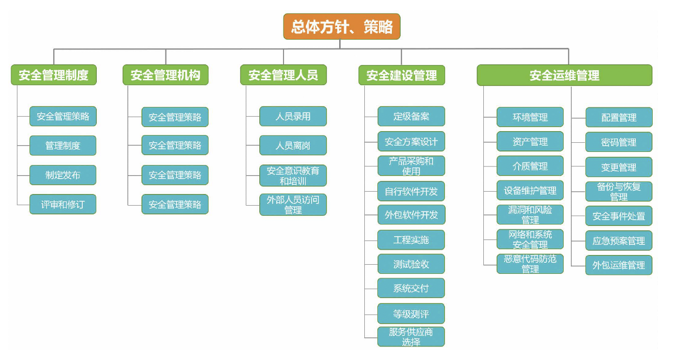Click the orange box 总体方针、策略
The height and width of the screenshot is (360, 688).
tap(342, 27)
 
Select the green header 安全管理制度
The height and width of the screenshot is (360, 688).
tap(54, 75)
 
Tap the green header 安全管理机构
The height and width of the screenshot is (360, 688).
tap(165, 75)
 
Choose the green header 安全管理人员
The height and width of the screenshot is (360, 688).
tap(284, 75)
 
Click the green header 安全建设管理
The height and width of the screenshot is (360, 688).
tap(402, 75)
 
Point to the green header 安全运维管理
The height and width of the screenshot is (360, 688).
tap(564, 75)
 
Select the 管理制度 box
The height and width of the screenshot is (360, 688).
tap(63, 146)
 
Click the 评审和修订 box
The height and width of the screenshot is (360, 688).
tap(63, 204)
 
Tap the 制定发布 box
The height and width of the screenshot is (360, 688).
tap(63, 175)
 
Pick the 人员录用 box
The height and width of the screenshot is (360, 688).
tap(293, 117)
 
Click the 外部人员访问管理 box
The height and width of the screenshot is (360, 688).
tap(293, 205)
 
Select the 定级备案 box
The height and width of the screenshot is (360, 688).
tap(411, 117)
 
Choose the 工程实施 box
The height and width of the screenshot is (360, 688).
tap(411, 240)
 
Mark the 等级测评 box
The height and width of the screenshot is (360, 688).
tap(411, 314)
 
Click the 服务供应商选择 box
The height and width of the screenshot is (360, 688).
tap(411, 337)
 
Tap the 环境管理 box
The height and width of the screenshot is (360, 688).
tap(530, 117)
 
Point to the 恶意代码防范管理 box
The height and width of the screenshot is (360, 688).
tap(530, 264)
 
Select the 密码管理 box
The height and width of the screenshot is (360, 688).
tap(619, 142)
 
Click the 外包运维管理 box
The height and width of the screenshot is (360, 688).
tap(619, 265)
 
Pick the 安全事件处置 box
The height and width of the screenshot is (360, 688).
tap(619, 216)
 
